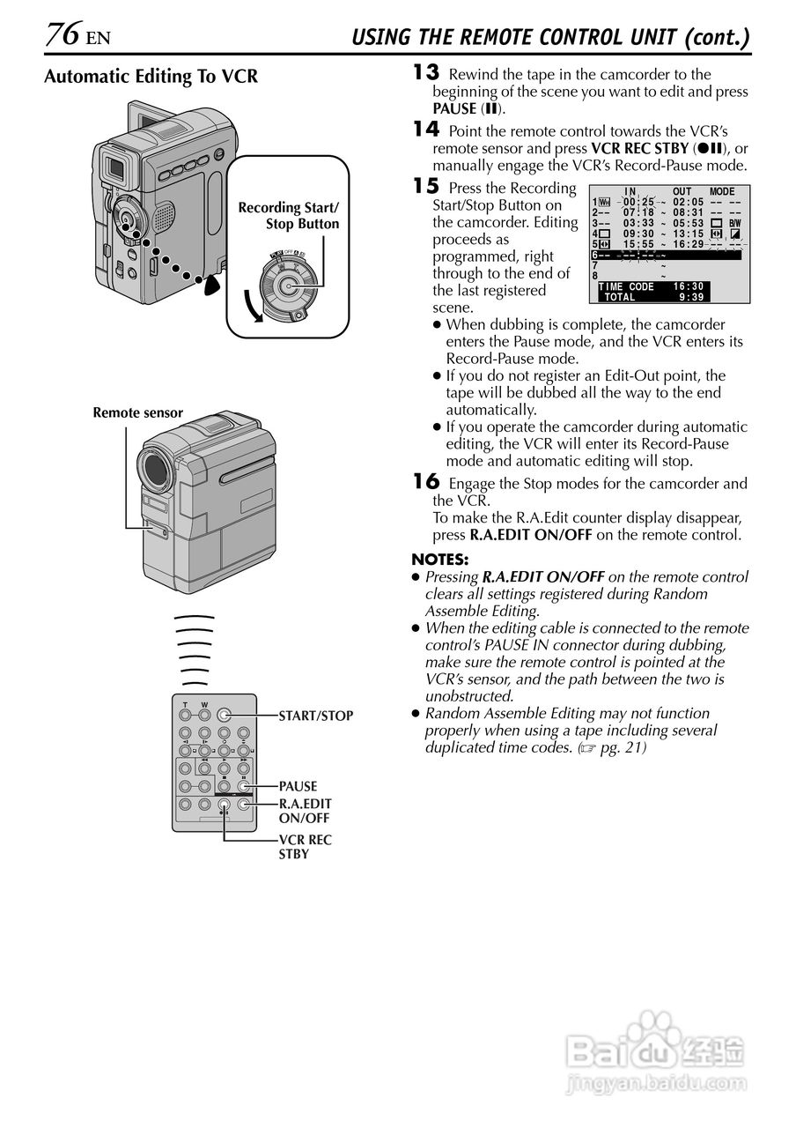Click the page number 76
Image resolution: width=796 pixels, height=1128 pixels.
click(x=63, y=35)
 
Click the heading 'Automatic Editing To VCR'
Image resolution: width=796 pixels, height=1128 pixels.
click(x=151, y=77)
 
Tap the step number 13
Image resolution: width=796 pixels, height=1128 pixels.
click(x=426, y=73)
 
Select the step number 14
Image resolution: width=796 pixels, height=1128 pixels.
click(x=426, y=129)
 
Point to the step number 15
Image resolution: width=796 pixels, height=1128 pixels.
click(x=426, y=187)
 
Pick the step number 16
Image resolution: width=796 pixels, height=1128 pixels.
click(x=426, y=482)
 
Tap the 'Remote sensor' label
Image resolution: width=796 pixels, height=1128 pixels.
click(x=137, y=412)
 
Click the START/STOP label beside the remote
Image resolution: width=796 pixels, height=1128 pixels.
click(x=315, y=716)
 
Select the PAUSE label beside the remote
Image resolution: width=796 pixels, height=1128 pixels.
click(x=298, y=786)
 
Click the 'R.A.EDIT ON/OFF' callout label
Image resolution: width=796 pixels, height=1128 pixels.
click(x=305, y=811)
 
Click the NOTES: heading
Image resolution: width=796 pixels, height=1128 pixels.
click(x=440, y=560)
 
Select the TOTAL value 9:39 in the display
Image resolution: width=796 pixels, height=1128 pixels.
click(x=690, y=298)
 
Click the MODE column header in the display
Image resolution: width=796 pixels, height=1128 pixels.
click(x=721, y=192)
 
